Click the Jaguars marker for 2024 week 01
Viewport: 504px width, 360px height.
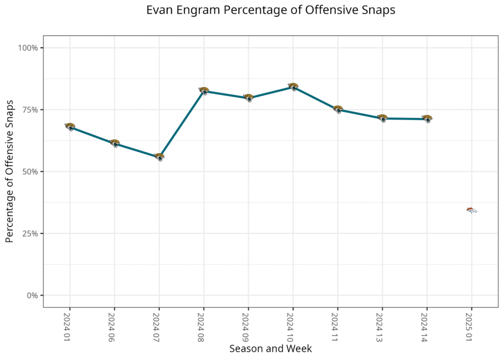click(x=70, y=127)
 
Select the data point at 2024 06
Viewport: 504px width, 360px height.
click(x=114, y=143)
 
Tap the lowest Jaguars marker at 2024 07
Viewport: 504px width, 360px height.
click(x=159, y=157)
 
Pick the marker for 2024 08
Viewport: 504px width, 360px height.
click(x=204, y=90)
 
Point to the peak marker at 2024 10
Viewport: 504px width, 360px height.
click(x=293, y=87)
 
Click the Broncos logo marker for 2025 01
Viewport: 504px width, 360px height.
click(x=472, y=210)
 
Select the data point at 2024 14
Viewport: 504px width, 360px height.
click(x=427, y=119)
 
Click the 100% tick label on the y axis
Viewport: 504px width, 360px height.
click(x=29, y=48)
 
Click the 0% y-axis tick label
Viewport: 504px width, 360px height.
click(x=32, y=296)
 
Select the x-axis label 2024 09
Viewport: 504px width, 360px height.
click(x=248, y=325)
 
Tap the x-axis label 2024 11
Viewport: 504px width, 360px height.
click(x=337, y=325)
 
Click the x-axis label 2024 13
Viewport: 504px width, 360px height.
click(x=382, y=325)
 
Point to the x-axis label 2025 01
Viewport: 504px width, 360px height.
click(x=471, y=325)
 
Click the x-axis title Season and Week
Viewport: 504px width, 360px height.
click(x=270, y=349)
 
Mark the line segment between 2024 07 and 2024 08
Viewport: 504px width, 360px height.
click(x=181, y=124)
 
